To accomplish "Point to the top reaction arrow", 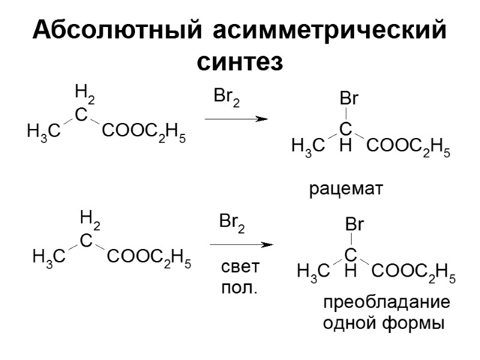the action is click(x=236, y=119).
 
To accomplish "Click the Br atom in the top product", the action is click(x=349, y=100).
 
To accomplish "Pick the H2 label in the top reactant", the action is click(x=85, y=94).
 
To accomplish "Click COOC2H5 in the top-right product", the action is click(x=408, y=147).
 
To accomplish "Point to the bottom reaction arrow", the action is click(x=241, y=245).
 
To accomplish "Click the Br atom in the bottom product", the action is click(x=355, y=226).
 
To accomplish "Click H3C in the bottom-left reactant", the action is click(x=49, y=259).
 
